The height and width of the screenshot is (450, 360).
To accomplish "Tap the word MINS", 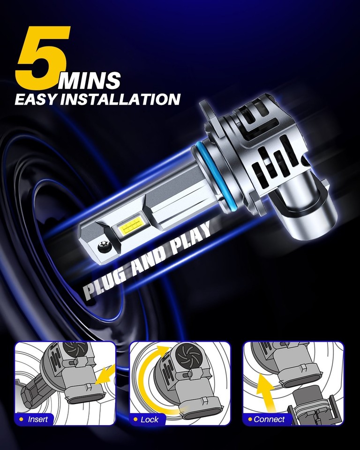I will [90, 80].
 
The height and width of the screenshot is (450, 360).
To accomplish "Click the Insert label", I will [38, 419].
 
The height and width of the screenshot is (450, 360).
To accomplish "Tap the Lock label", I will [150, 419].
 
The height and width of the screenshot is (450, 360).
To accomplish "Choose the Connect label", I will [269, 419].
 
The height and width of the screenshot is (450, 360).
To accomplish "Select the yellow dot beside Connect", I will [250, 419].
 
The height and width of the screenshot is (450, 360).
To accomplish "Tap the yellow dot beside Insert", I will [22, 419].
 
